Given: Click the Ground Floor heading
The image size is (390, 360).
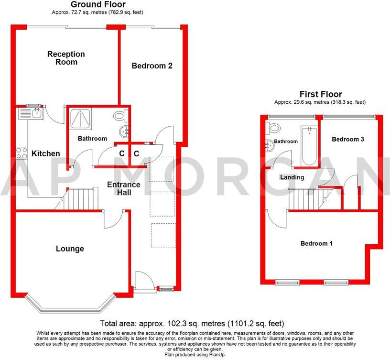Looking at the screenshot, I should [x=98, y=5].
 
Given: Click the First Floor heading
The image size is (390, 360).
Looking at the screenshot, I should [x=320, y=94].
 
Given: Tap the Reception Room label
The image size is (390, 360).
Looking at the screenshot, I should [x=66, y=58].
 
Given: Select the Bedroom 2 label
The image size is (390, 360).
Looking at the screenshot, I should [x=152, y=66].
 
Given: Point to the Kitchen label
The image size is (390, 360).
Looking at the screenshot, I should [x=46, y=153].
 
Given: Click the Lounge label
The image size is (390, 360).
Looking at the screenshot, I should [x=70, y=249].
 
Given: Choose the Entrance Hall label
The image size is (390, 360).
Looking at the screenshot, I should [x=123, y=188].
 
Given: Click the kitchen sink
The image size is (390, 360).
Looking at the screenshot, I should [x=31, y=113].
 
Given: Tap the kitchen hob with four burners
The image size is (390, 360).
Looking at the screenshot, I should [x=22, y=153].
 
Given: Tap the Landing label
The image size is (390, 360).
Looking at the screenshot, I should [x=292, y=177].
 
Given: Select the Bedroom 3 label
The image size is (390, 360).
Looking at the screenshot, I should [x=348, y=139].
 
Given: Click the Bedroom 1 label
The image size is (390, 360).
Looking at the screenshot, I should [x=316, y=243].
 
